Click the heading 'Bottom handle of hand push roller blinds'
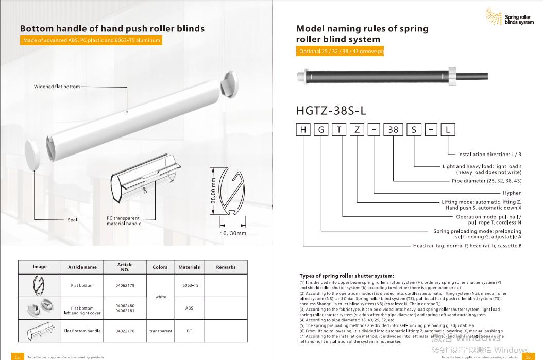tap(112, 28)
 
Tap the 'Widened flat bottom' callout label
tap(57, 87)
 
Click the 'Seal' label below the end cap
tap(72, 220)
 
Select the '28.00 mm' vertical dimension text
tap(213, 191)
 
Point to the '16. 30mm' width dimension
tap(233, 234)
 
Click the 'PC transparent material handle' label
tap(124, 221)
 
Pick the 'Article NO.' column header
tap(125, 267)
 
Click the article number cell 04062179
tap(125, 285)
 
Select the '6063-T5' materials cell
tap(189, 285)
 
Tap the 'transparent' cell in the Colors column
tap(161, 331)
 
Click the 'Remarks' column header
tap(226, 267)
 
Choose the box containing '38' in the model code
tap(393, 130)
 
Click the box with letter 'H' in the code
tap(303, 130)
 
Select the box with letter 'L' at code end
tap(448, 130)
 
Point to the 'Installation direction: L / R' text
tap(489, 154)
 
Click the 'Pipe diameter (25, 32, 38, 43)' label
tap(486, 181)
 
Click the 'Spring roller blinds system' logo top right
tap(510, 17)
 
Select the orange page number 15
tap(16, 356)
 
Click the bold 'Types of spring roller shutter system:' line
tap(346, 276)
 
